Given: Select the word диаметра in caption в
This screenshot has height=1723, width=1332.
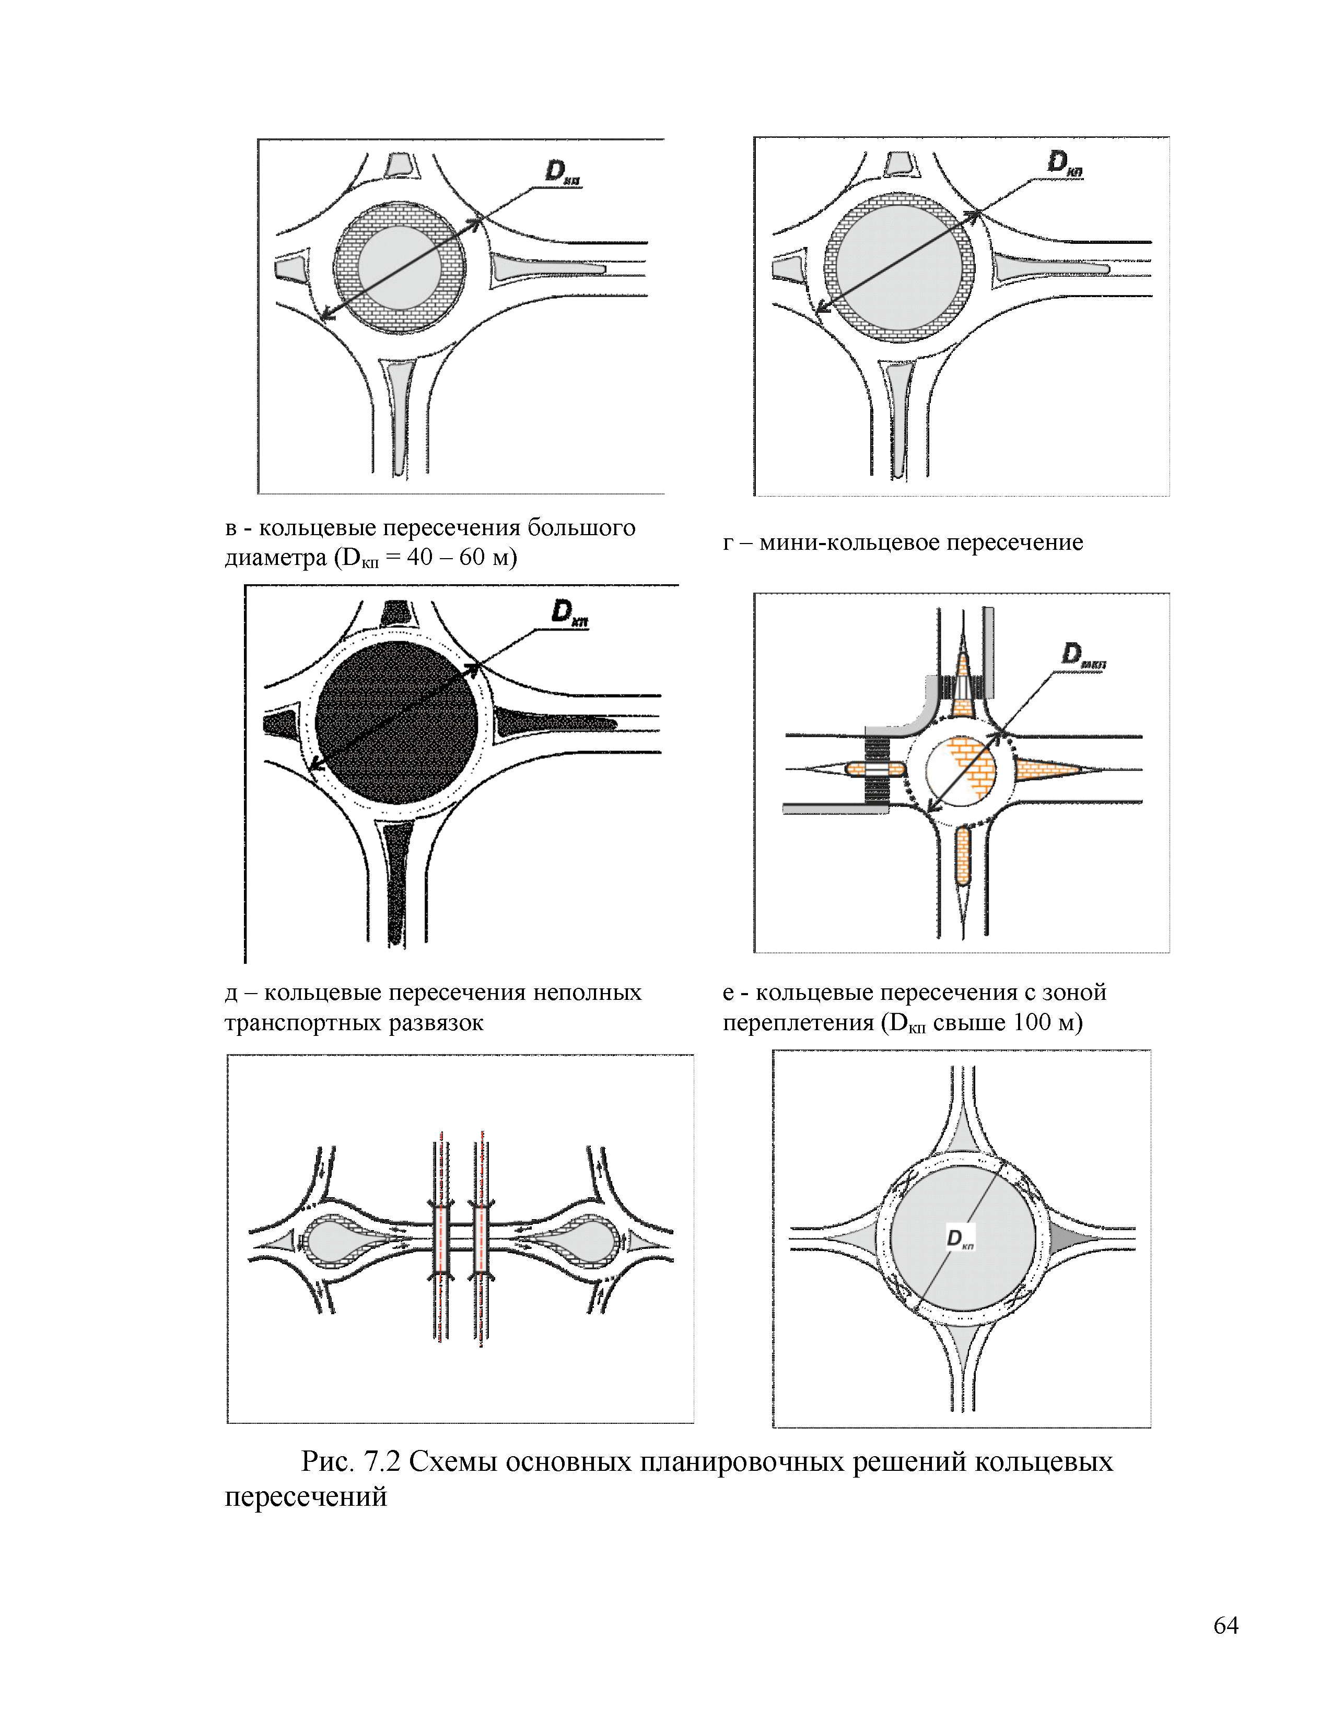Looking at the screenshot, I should click(275, 558).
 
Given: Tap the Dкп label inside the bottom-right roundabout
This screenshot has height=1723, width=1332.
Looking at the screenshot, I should click(960, 1240).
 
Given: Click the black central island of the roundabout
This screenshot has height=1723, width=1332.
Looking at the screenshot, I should click(396, 723).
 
